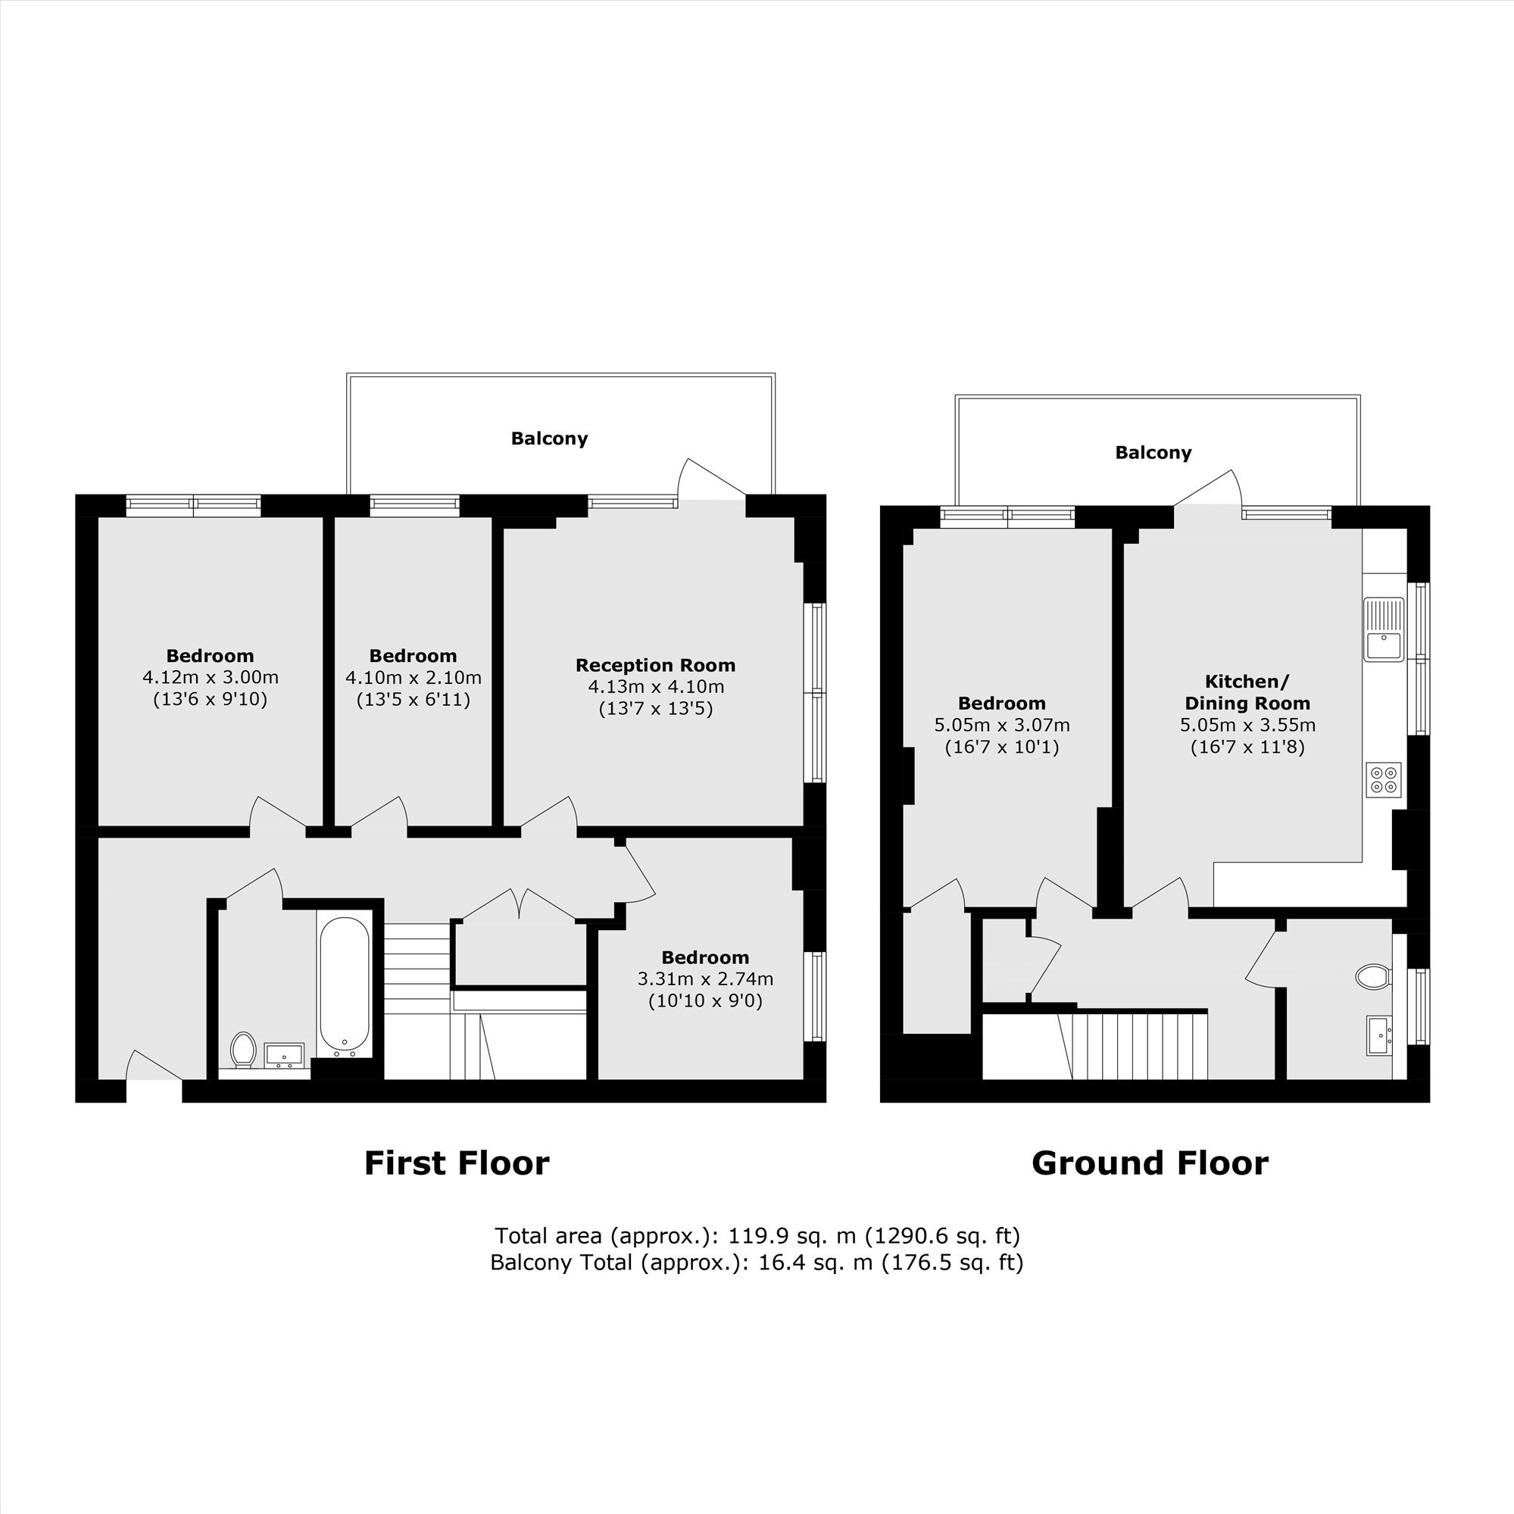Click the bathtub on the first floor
click(x=344, y=984)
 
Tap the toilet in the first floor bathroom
click(x=244, y=1049)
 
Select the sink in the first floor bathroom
click(x=284, y=1055)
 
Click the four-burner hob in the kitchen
click(x=1383, y=780)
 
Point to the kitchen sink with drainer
click(x=1384, y=629)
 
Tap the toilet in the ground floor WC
click(x=1372, y=977)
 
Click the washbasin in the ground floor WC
click(x=1379, y=1035)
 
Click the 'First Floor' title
click(x=457, y=1163)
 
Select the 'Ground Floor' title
click(x=1150, y=1163)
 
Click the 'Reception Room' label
click(x=656, y=665)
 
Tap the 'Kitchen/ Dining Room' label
click(x=1247, y=692)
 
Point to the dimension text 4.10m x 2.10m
click(x=414, y=677)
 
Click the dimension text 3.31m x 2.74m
click(x=705, y=979)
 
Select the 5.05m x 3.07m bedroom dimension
click(x=1002, y=725)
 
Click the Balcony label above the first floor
click(x=549, y=439)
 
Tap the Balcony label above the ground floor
click(x=1153, y=452)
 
